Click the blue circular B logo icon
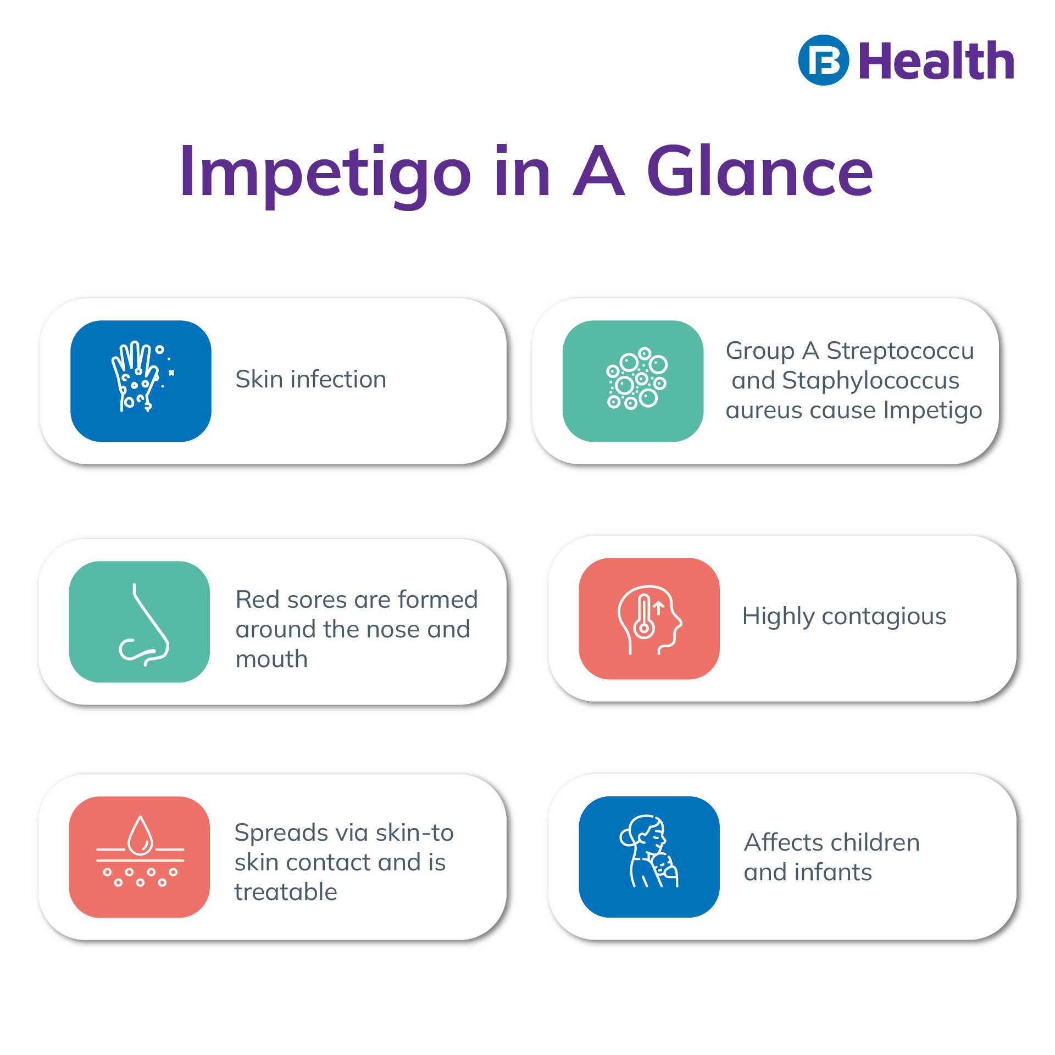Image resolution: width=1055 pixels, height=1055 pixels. coord(823,60)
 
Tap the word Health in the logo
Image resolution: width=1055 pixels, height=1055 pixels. coord(936,62)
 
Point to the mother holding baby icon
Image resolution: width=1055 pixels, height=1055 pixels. coord(649,856)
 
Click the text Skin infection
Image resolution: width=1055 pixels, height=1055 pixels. coord(310,379)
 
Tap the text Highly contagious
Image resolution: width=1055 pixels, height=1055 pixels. coord(844,617)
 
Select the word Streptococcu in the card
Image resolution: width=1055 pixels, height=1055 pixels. coord(900,351)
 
